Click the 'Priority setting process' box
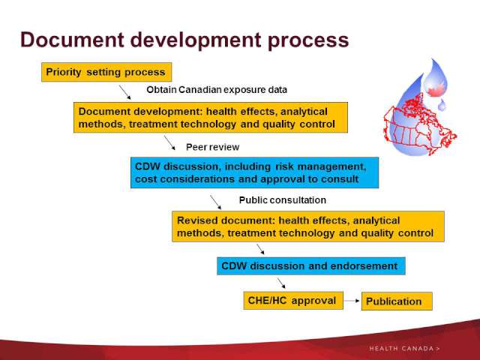click(x=106, y=72)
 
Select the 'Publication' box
click(x=397, y=301)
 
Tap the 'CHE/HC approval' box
click(x=293, y=301)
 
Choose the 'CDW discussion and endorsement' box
click(x=311, y=266)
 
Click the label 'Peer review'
click(x=213, y=147)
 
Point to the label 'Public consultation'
click(x=282, y=200)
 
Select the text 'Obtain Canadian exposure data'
click(x=217, y=90)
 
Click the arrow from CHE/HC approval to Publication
click(x=352, y=301)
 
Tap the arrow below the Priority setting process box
click(x=125, y=92)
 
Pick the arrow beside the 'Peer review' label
click(x=169, y=142)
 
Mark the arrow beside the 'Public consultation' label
click(x=216, y=202)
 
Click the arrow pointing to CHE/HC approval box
click(x=281, y=283)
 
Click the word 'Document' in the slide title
click(x=72, y=40)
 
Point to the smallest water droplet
click(x=442, y=104)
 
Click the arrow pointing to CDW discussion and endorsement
click(x=260, y=249)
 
